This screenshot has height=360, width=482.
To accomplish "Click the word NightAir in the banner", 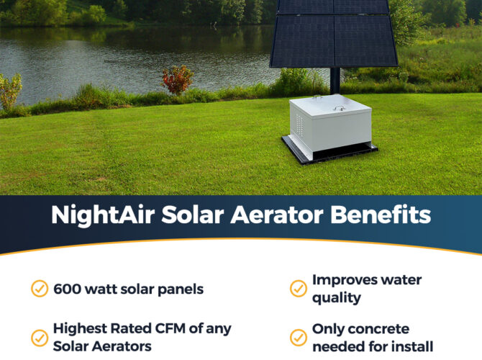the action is pos(103,215).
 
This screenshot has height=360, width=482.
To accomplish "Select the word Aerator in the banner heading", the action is pos(277,215).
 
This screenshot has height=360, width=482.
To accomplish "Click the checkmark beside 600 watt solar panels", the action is pos(40,289).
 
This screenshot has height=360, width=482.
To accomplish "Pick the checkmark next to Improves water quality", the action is pos(298,289).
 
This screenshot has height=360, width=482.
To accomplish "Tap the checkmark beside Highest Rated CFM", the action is pos(40,338).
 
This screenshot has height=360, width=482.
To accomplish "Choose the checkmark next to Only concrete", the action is pos(298,338).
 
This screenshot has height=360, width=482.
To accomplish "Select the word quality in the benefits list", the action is pos(337,298).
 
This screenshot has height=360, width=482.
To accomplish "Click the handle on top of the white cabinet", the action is pos(339,108).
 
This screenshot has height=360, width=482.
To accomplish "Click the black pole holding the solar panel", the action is pos(335,81).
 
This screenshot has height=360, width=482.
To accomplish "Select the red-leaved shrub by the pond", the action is pos(177,80).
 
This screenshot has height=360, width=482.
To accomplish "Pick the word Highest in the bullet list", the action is pos(81,329).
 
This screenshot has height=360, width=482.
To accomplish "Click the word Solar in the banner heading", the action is pos(192,215).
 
